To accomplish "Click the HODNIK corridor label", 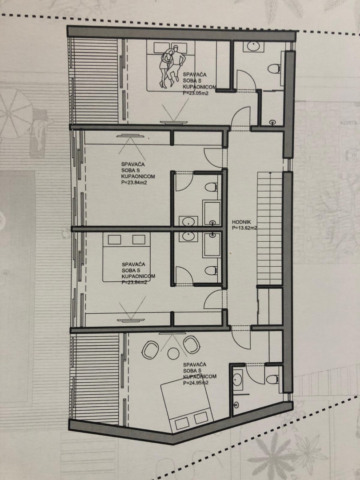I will [x=241, y=222].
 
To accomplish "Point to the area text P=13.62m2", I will [x=244, y=228].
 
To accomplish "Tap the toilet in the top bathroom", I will [x=274, y=68].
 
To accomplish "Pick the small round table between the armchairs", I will [x=172, y=354].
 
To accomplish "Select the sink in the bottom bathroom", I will [x=238, y=379].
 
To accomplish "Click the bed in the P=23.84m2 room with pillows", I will [x=127, y=258].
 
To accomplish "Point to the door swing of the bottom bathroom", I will [x=256, y=374].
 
